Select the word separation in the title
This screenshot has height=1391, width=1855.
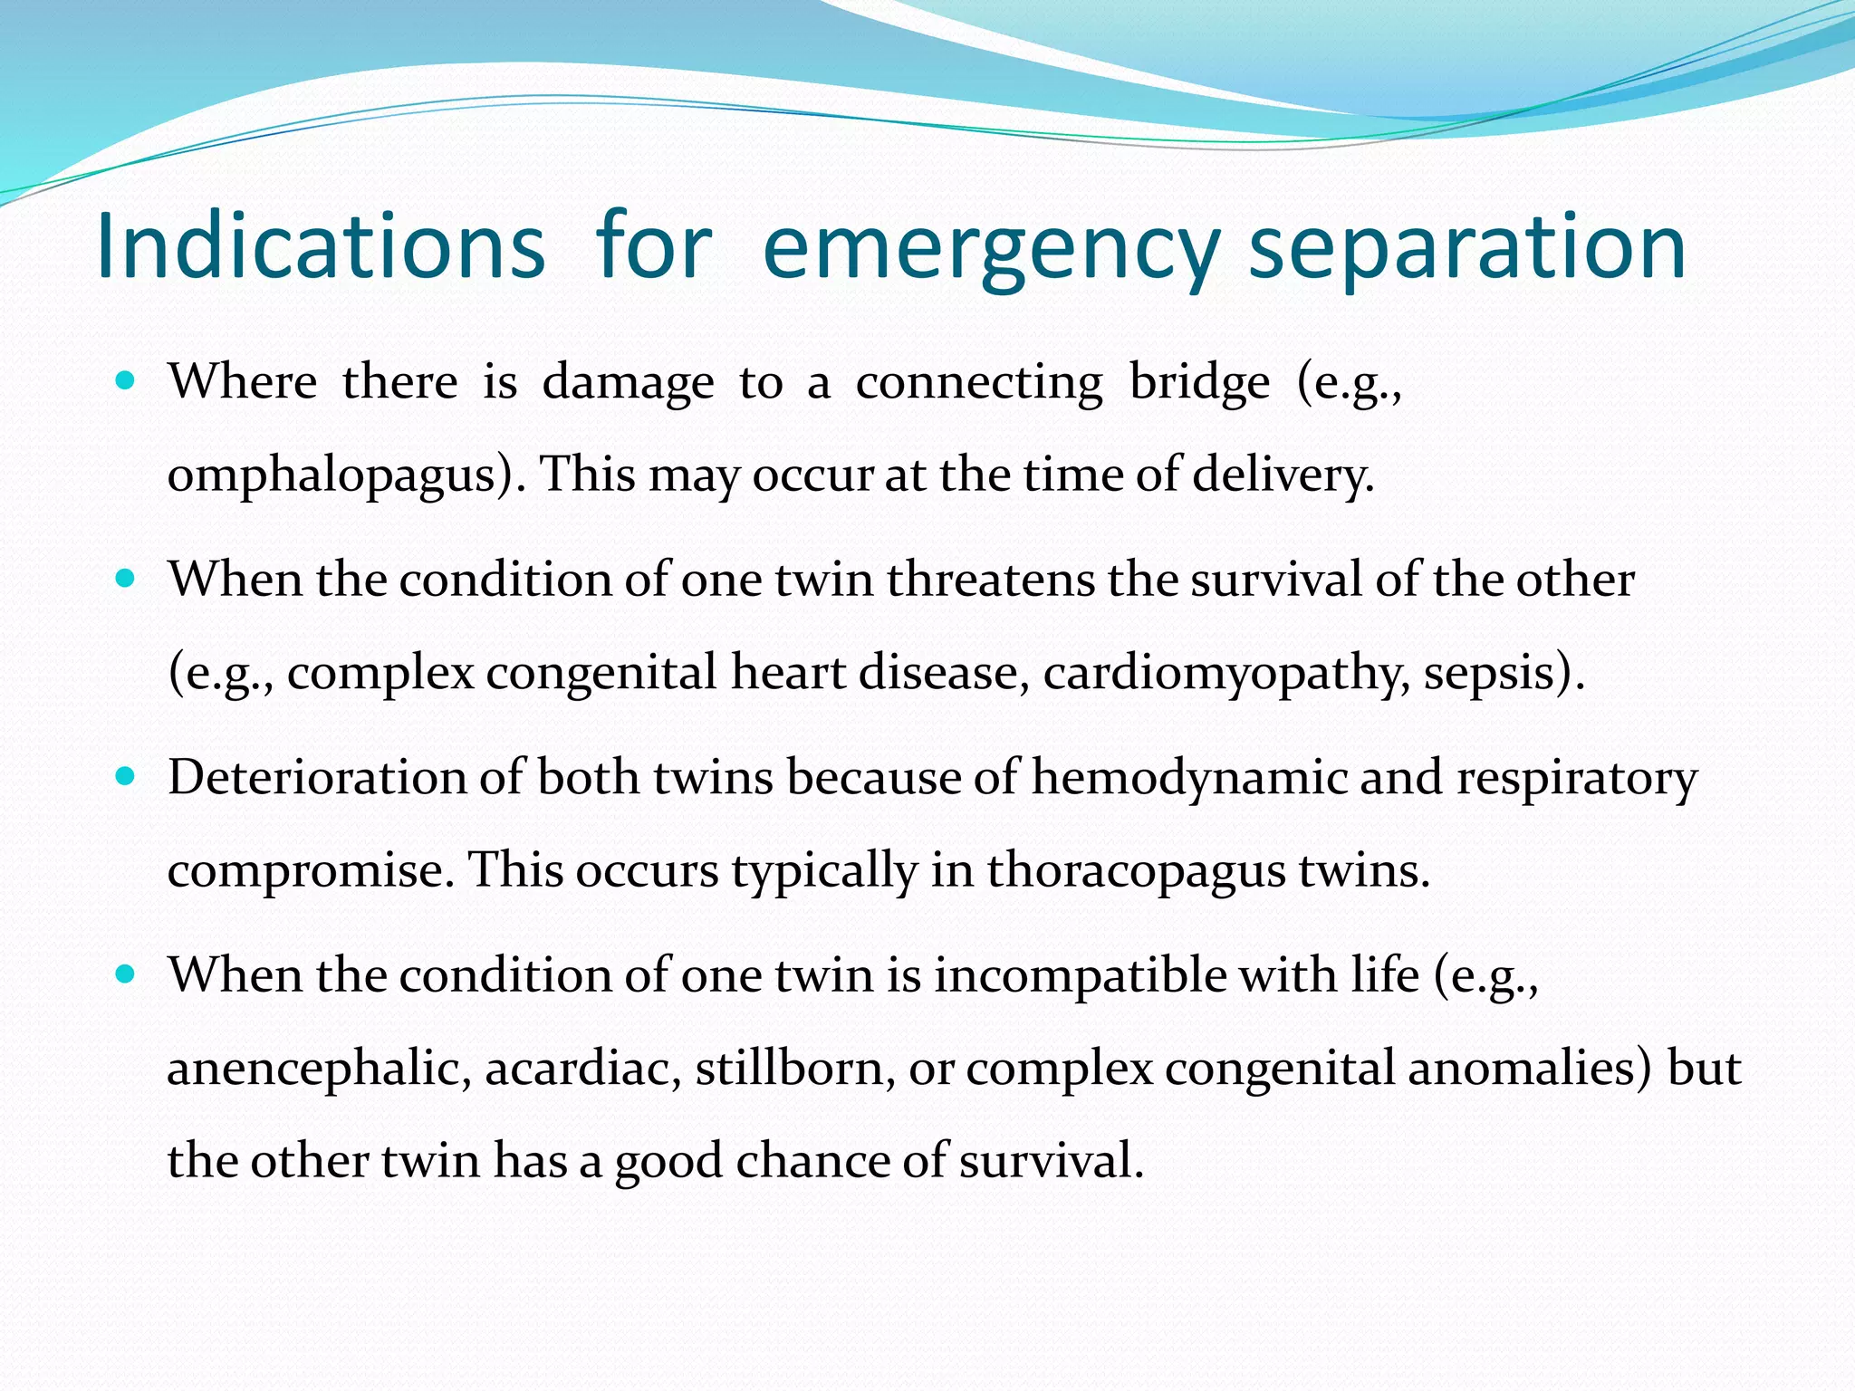pos(1467,246)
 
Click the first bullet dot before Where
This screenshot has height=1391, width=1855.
pos(126,379)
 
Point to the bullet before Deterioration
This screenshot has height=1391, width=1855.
pos(126,776)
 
